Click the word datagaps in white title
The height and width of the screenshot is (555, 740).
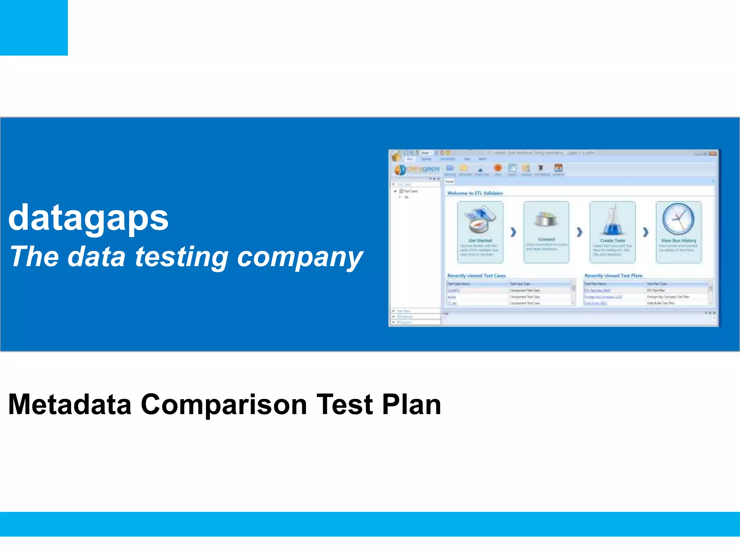coord(88,218)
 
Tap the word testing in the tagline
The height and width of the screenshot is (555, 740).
coord(181,257)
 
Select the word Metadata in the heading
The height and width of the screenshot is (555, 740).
coord(70,404)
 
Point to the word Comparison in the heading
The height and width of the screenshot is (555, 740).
coord(224,404)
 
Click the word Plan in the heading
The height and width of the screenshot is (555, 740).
coord(412,404)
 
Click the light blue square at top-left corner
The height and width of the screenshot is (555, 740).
coord(34,27)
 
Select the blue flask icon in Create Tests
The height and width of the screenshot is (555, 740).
coord(612,220)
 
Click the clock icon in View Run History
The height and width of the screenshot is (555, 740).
coord(678,219)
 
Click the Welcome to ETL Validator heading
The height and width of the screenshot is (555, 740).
coord(475,193)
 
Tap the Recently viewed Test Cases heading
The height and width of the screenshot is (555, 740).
coord(476,276)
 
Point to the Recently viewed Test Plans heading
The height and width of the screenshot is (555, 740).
coord(613,276)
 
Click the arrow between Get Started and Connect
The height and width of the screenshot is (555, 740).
coord(513,232)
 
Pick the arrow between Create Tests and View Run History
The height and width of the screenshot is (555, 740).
coord(645,232)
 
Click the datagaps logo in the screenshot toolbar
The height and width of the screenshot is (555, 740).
coord(417,169)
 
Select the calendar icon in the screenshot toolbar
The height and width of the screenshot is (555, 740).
coord(558,168)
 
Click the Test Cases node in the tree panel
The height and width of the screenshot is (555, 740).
coord(410,191)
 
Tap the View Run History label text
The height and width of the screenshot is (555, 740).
coord(678,241)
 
